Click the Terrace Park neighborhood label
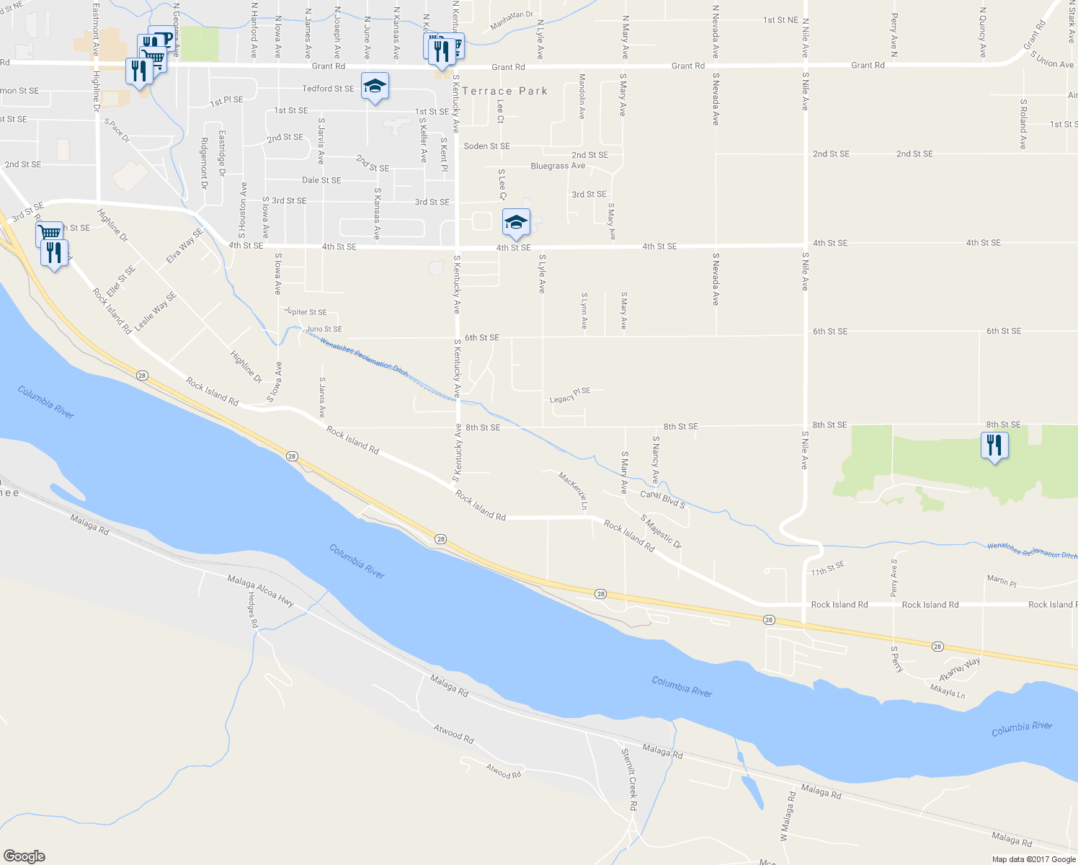point(504,91)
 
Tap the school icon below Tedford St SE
point(374,87)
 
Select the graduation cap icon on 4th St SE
point(516,223)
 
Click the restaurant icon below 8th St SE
point(994,445)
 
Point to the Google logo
point(24,856)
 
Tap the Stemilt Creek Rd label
point(629,779)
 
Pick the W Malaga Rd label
point(787,817)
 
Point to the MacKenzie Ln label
point(573,490)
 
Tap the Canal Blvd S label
point(662,499)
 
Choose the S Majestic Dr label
point(661,531)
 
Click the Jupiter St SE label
point(306,312)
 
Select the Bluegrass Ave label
point(558,166)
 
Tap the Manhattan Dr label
point(512,19)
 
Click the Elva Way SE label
point(184,245)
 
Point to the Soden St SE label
point(486,146)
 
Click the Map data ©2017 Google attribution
point(1033,859)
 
